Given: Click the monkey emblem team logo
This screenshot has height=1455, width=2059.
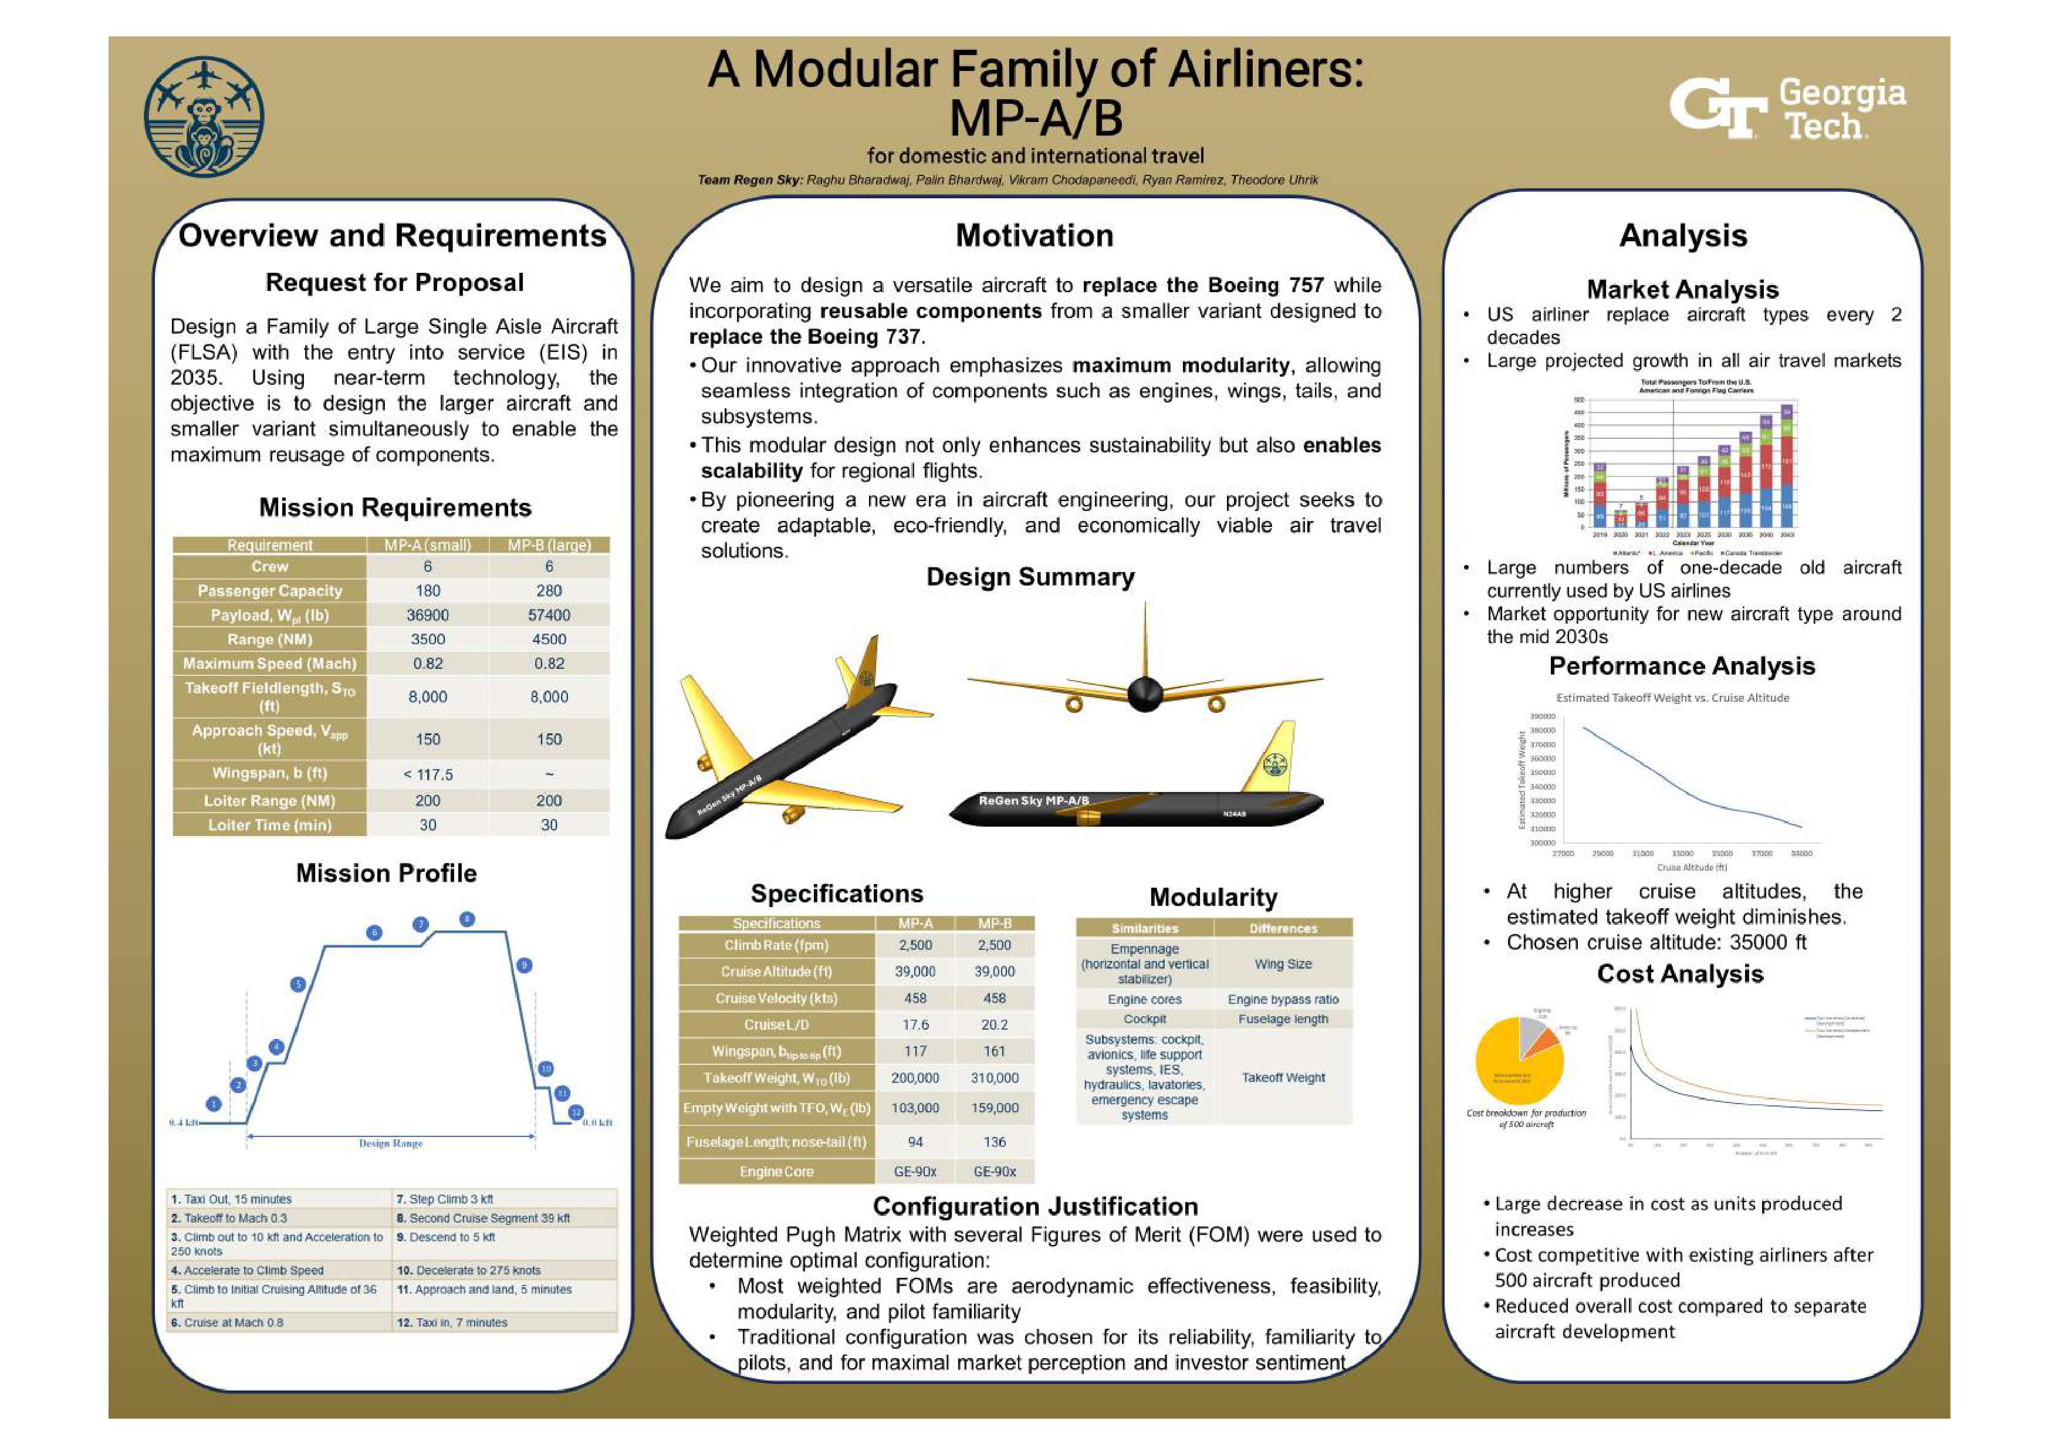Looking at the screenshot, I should [x=204, y=117].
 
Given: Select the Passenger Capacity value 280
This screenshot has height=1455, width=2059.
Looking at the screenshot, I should [x=549, y=591].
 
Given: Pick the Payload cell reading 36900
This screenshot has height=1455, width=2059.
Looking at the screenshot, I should [x=428, y=615].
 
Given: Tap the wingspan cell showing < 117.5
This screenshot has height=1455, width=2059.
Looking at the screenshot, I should [x=428, y=774].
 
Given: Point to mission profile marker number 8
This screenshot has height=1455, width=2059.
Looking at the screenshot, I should [x=466, y=919].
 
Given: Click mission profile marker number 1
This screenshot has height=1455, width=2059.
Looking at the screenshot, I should [x=214, y=1104].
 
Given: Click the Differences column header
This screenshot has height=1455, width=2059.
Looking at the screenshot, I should [x=1282, y=929].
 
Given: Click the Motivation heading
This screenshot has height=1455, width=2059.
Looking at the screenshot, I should [x=1034, y=236].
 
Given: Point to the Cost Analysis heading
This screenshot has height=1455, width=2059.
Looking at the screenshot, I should [x=1680, y=974].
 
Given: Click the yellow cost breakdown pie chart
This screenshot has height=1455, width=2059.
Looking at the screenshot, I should [x=1519, y=1063].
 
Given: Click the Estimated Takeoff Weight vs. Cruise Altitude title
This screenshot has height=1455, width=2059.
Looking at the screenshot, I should [x=1672, y=698].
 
